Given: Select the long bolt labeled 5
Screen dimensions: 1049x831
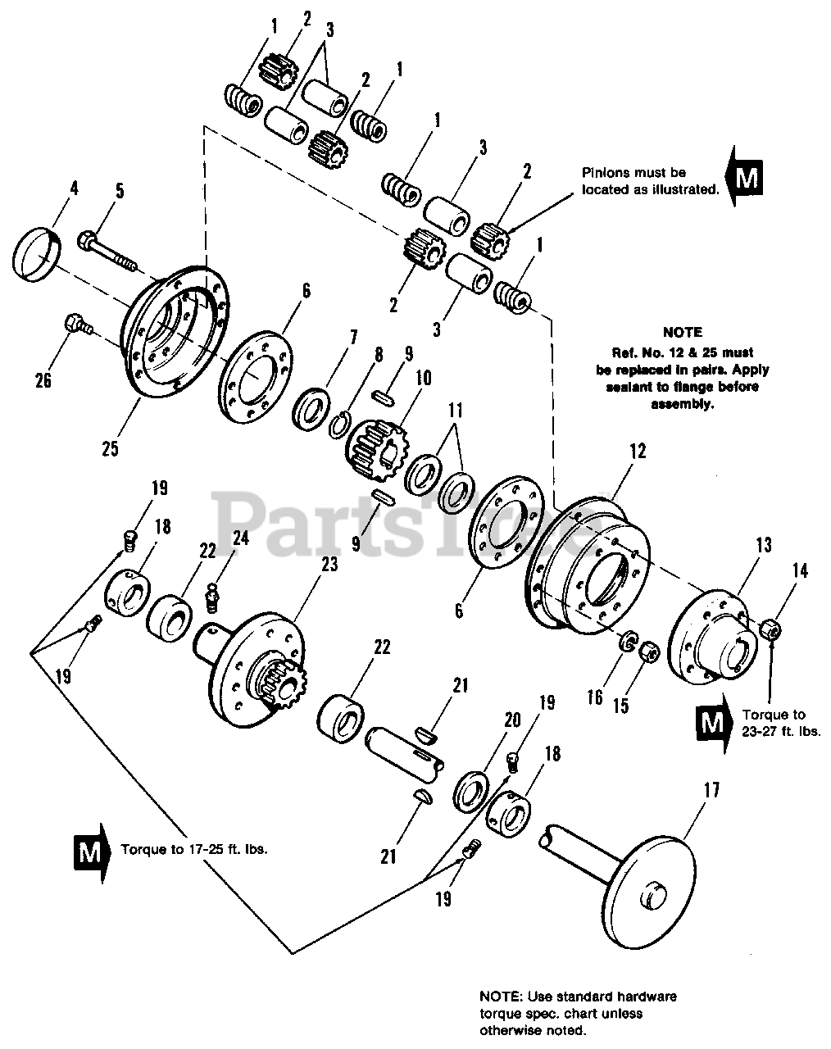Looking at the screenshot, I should (x=110, y=249).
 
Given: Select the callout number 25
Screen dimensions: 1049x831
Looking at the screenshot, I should (x=111, y=448).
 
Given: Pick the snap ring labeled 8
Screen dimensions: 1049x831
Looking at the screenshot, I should (x=342, y=426).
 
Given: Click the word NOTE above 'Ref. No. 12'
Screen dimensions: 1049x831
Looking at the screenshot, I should (x=682, y=333).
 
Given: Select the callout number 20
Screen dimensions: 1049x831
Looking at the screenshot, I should (x=512, y=720).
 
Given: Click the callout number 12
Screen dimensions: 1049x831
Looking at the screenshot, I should (x=638, y=450).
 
